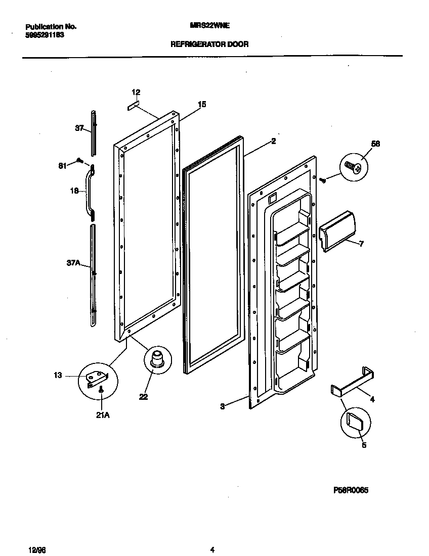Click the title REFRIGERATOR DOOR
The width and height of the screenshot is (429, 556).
(x=209, y=44)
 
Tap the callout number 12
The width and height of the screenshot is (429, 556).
(x=136, y=92)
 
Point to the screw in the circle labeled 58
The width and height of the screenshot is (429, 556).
(x=353, y=167)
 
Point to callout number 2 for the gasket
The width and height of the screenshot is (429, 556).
(x=273, y=142)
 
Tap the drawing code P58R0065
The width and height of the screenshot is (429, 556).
(x=351, y=490)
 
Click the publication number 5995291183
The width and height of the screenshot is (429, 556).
(x=44, y=35)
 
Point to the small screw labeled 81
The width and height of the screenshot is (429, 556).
(x=79, y=161)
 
